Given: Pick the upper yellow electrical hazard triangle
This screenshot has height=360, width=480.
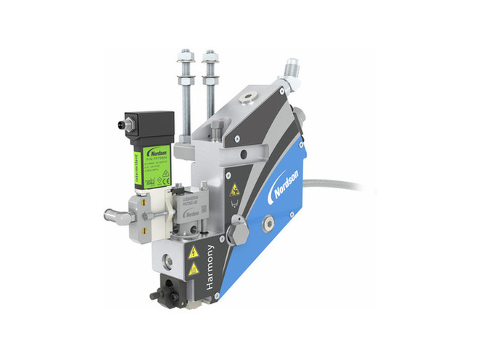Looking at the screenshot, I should coord(193,252).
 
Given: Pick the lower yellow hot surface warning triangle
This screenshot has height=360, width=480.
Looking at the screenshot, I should coord(194,269).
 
